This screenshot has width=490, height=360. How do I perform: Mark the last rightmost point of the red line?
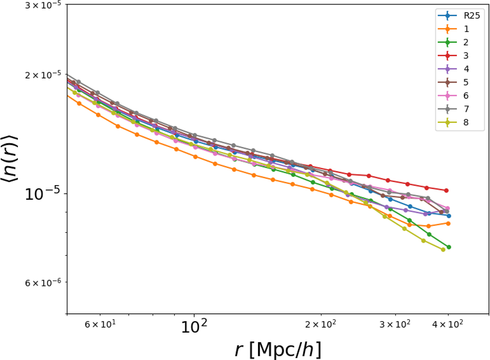447,190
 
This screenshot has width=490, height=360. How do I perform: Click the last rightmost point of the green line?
449,247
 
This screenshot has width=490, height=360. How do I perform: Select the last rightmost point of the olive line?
443,249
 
